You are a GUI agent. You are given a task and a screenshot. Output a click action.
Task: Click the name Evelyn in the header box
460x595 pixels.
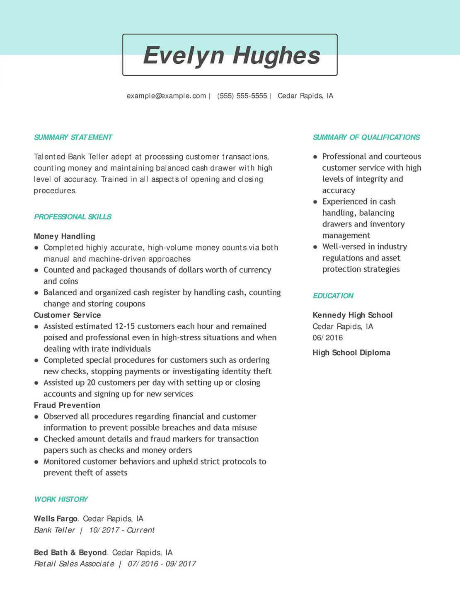[x=184, y=55]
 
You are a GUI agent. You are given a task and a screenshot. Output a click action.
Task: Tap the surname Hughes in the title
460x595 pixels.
[x=276, y=55]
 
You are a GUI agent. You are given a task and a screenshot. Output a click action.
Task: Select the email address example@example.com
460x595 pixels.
[x=166, y=96]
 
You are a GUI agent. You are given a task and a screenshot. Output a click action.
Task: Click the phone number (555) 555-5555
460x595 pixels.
[x=242, y=96]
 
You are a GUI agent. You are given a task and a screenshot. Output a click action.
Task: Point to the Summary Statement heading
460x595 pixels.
[x=73, y=137]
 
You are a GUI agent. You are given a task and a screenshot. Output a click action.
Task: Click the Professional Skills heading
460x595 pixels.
[x=73, y=217]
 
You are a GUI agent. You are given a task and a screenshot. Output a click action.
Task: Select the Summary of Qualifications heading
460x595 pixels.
[x=366, y=137]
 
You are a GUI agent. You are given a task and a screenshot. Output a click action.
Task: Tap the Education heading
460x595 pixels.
[x=333, y=296]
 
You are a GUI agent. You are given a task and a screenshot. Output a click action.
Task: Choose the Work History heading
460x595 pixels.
[x=61, y=499]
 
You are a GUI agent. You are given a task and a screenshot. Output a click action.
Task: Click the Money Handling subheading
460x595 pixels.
[x=64, y=236]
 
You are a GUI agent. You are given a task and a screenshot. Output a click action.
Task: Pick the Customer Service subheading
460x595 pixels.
[x=67, y=315]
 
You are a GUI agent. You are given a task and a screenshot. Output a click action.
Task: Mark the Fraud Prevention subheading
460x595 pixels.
[x=67, y=405]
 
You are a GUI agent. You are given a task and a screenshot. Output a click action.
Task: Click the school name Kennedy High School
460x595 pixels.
[x=352, y=315]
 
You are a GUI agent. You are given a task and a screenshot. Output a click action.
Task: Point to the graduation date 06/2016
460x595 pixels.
[x=327, y=338]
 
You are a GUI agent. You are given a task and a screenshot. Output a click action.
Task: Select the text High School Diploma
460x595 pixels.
[x=351, y=353]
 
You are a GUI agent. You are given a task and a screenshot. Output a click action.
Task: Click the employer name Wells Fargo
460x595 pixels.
[x=56, y=519]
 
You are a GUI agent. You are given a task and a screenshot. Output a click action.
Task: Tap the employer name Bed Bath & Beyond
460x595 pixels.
[x=70, y=553]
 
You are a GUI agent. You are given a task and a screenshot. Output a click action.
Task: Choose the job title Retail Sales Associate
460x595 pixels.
[x=74, y=564]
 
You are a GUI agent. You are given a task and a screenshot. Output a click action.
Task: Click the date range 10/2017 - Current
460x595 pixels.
[x=121, y=530]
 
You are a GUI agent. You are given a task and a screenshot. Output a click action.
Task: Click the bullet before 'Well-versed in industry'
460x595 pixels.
[x=315, y=247]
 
